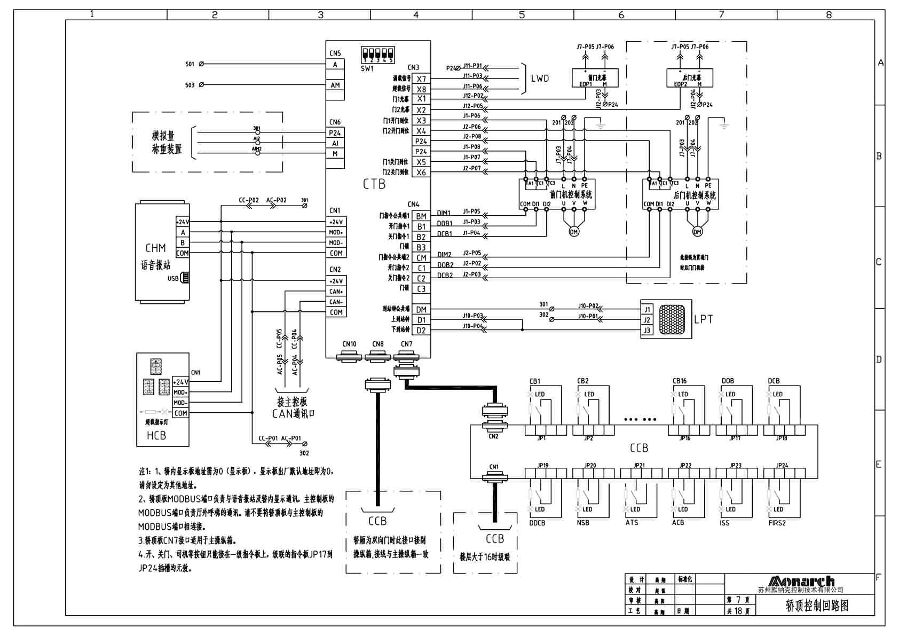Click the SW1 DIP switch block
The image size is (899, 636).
point(377,56)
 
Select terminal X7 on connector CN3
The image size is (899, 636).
point(422,79)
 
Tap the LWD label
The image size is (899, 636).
point(540,78)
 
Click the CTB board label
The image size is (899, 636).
point(374,184)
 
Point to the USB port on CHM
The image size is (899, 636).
point(184,278)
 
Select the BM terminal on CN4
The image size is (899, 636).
point(422,216)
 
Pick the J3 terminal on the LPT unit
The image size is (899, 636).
point(647,331)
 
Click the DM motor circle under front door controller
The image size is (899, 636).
point(574,231)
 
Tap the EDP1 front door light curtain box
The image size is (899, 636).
point(595,78)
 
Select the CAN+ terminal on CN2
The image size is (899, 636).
point(336,292)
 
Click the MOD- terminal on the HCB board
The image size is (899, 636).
point(180,403)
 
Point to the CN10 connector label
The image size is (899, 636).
point(349,344)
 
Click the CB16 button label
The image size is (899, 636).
point(680,381)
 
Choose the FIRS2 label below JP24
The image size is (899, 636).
point(777,523)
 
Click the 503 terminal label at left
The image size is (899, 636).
point(190,85)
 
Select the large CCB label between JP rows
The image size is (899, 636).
point(638,448)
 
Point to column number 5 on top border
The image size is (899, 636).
point(522,15)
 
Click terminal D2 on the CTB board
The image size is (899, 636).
point(422,331)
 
